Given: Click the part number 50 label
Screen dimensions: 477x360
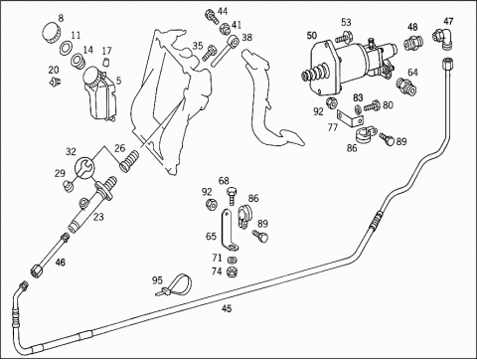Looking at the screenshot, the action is [312, 35].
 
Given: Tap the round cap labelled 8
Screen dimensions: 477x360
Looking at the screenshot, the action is [52, 32].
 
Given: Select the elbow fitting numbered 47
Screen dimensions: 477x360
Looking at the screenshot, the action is [443, 39].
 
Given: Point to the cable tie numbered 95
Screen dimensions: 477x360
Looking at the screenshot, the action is [175, 284].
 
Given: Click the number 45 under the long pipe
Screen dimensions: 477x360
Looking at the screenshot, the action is [227, 309].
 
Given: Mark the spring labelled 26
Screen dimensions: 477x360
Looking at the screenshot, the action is [129, 161].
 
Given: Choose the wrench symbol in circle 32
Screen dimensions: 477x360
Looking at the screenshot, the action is [84, 168].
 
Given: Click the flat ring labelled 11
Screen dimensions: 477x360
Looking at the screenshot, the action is [67, 48].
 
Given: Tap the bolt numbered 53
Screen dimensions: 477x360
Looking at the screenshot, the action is [343, 37].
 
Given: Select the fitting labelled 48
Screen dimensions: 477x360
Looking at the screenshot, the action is [411, 43].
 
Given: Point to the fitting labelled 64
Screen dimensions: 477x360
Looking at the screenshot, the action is [406, 86].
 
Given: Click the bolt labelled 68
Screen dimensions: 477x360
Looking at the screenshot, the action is [232, 196].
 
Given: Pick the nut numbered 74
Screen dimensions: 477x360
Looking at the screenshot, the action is [233, 270].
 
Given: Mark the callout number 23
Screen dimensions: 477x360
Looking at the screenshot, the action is [98, 217].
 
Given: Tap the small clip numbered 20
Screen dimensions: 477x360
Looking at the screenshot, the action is [55, 82].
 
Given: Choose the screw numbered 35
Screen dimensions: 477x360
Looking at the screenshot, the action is [209, 53].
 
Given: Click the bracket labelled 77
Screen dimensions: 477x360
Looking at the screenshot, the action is [350, 118].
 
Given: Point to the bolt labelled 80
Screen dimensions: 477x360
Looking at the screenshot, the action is [372, 106].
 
